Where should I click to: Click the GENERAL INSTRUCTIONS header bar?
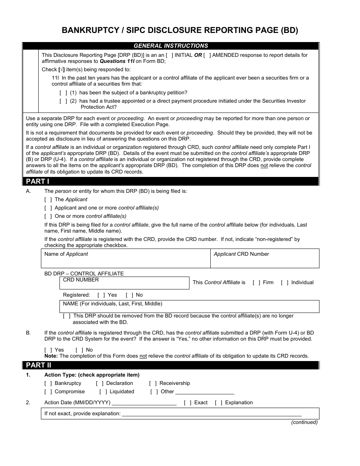point(171,46)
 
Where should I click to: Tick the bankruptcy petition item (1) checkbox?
point(63,93)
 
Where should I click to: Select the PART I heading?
point(38,181)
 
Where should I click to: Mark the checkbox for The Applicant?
point(48,200)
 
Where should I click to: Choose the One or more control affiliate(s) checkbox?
point(48,216)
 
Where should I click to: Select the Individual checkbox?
point(285,283)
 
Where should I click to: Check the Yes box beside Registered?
point(101,295)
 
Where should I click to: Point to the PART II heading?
point(39,365)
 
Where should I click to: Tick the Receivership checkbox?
point(153,383)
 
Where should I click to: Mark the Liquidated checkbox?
point(103,392)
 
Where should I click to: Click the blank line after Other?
point(205,393)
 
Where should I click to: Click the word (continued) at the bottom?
point(304,422)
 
